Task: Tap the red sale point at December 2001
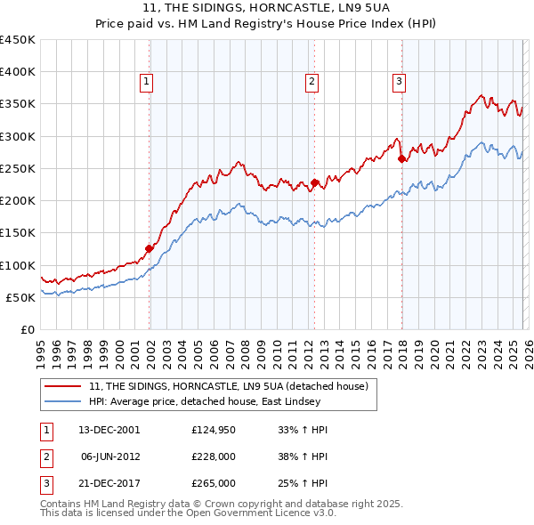(x=150, y=248)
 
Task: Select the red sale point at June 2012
(x=314, y=182)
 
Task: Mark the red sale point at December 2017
(x=401, y=159)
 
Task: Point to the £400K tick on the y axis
(x=18, y=72)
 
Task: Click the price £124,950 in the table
(x=213, y=430)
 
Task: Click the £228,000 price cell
(x=213, y=456)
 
